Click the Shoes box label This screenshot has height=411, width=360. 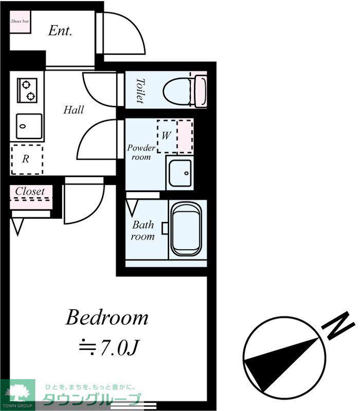click(20, 21)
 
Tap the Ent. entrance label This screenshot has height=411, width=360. click(60, 31)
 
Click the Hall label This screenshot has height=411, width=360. click(74, 109)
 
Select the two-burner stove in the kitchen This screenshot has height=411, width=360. click(27, 90)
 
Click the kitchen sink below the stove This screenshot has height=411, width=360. click(29, 126)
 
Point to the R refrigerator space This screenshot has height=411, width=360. click(27, 159)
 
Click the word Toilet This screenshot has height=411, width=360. click(140, 91)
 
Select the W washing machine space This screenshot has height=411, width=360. click(175, 136)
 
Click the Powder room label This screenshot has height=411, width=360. click(141, 152)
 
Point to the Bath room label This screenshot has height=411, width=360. click(143, 230)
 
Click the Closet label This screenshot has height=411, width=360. click(30, 191)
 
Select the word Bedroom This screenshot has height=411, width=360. click(107, 317)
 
